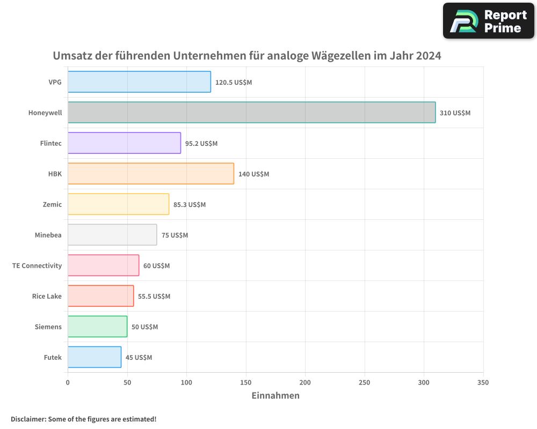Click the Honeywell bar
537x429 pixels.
point(251,113)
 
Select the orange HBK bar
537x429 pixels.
point(151,174)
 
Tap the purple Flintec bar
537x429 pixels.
point(124,143)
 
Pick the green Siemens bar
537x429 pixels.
point(97,327)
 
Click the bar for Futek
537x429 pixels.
point(95,357)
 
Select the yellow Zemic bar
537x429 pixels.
point(118,204)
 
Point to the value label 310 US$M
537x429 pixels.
point(455,113)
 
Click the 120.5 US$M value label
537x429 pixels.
point(234,83)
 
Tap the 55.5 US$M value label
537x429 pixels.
point(154,297)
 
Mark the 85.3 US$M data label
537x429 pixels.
point(190,205)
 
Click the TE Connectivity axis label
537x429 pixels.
point(37,266)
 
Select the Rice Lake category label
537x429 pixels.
point(47,297)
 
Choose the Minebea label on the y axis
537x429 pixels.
point(48,235)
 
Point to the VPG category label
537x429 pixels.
point(55,83)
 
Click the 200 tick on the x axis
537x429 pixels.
point(305,383)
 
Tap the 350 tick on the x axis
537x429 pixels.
point(483,383)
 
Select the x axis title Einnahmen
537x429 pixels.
point(275,396)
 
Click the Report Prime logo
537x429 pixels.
point(489,21)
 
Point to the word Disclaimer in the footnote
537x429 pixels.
point(28,419)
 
